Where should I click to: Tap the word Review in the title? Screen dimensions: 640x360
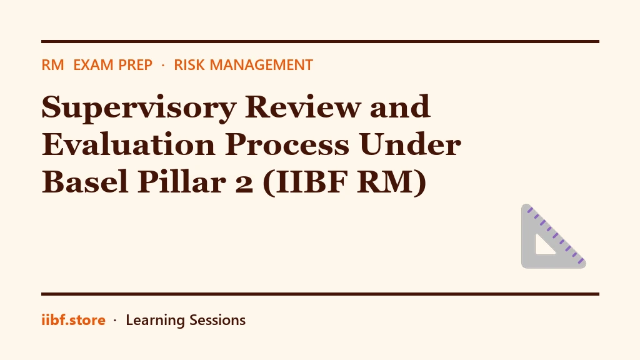[302, 107]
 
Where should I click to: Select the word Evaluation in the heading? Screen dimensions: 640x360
[129, 144]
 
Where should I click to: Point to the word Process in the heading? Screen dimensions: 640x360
[287, 144]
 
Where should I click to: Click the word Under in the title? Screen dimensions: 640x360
[410, 144]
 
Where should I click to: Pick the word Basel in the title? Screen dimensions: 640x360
[85, 182]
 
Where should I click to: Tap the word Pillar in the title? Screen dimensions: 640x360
[182, 182]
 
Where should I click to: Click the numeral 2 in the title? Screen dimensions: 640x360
[244, 184]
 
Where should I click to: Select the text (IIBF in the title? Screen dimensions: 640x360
[305, 183]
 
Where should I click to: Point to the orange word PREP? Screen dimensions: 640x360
[135, 65]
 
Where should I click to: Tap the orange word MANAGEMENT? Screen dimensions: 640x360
[261, 65]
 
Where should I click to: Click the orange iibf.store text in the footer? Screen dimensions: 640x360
[74, 320]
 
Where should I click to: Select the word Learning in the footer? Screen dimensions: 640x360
[155, 321]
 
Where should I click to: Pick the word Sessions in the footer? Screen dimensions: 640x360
[217, 320]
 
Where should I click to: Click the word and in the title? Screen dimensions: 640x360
[400, 107]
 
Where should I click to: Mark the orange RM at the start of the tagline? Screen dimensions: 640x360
[52, 65]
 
